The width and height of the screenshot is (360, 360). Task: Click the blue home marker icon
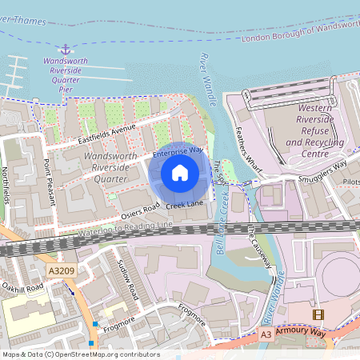(180, 172)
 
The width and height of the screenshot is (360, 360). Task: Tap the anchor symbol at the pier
(65, 50)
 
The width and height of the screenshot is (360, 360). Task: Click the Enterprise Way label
(178, 150)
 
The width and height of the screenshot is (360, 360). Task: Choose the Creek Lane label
(185, 206)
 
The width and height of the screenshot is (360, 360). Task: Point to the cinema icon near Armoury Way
(320, 314)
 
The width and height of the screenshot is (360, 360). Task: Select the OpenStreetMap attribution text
(80, 354)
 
